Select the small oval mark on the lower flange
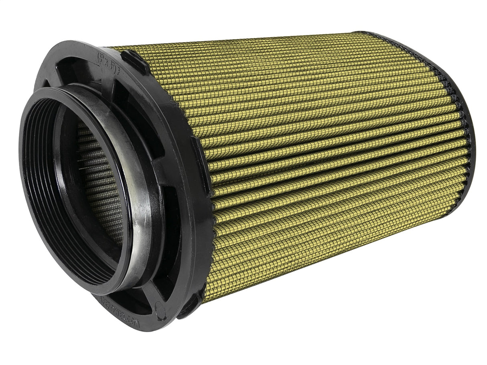coord(160,311)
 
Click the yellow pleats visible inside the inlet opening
coord(98,180)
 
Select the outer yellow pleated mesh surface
coord(321,160)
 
